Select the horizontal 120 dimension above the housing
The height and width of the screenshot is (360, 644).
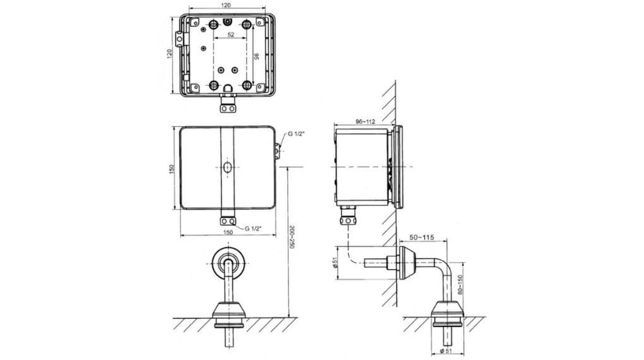tap(227, 5)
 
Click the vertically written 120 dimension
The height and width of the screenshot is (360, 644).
tap(169, 54)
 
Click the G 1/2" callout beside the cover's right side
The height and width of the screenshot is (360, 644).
tap(297, 134)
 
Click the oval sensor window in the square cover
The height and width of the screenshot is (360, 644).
tap(227, 167)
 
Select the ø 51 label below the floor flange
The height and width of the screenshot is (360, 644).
tap(447, 351)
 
